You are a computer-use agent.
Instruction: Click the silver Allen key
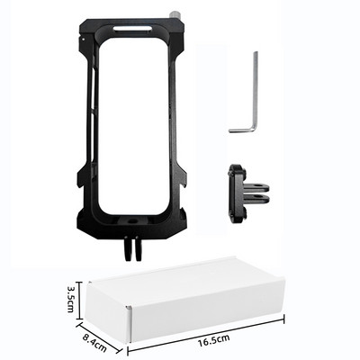[x=248, y=99]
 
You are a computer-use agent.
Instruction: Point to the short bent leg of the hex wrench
[x=241, y=130]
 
